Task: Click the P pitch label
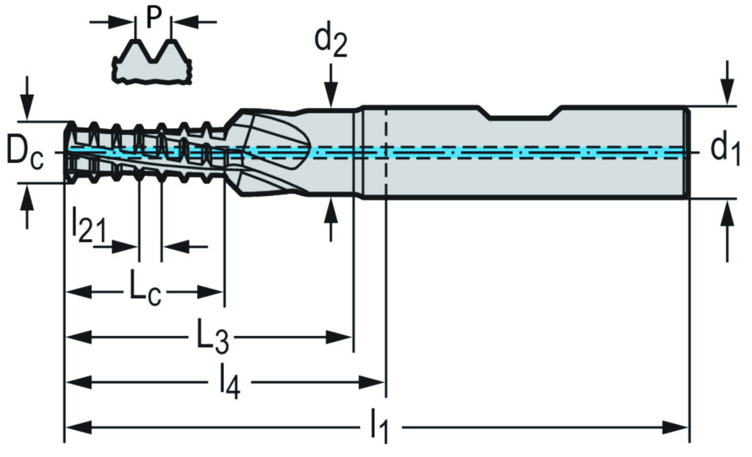(x=153, y=16)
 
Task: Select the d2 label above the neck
(x=330, y=43)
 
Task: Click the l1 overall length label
(x=377, y=426)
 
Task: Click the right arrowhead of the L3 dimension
(x=345, y=337)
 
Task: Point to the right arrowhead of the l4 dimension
(x=376, y=382)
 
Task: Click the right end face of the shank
(x=687, y=153)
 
